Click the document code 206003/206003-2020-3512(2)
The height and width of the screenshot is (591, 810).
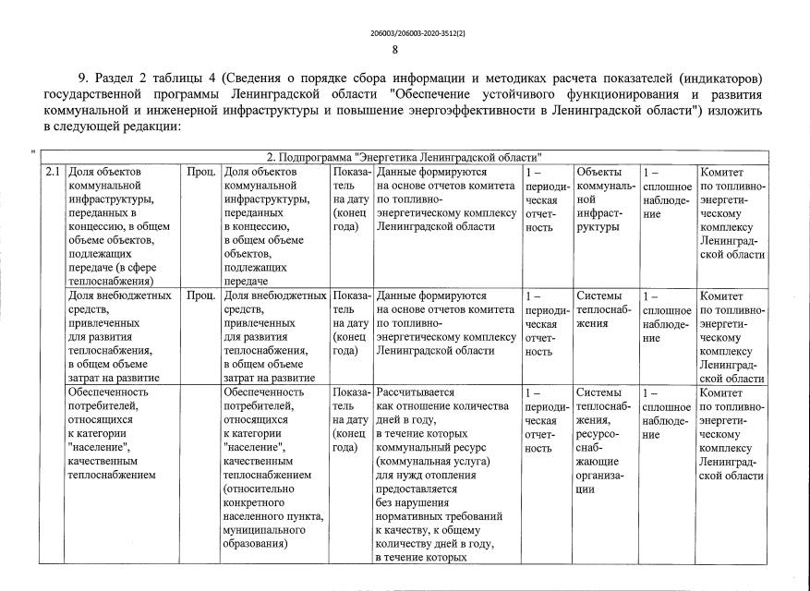click(x=405, y=33)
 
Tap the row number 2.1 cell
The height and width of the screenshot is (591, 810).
click(x=53, y=173)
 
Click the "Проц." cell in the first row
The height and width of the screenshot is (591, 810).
click(x=201, y=173)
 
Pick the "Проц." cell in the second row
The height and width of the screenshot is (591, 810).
click(x=201, y=296)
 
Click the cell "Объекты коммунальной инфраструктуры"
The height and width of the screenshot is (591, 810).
click(x=605, y=199)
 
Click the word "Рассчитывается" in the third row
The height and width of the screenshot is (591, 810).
click(x=416, y=392)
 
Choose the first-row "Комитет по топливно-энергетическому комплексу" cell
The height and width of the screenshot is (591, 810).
click(x=732, y=213)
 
